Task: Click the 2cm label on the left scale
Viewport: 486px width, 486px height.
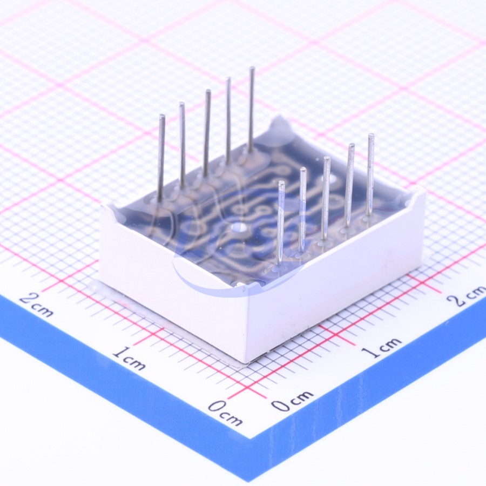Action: coord(36,305)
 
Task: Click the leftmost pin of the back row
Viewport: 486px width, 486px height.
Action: coord(161,157)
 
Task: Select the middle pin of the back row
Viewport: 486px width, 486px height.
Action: coord(207,133)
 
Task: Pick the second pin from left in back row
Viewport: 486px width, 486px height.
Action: coord(183,145)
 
